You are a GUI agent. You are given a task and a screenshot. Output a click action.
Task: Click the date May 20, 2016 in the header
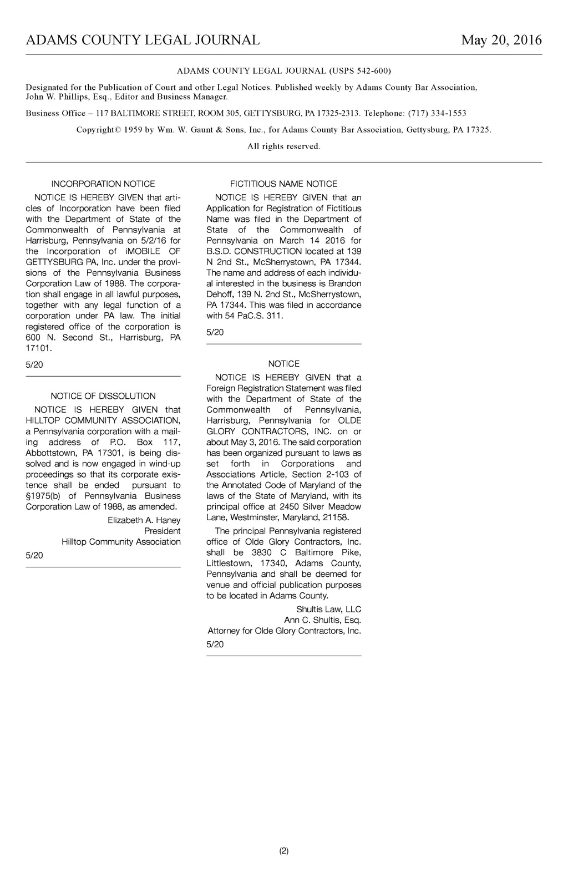pos(501,40)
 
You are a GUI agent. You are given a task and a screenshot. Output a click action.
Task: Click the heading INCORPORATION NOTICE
pos(103,184)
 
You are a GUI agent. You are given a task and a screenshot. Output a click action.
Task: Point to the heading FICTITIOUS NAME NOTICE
pos(283,184)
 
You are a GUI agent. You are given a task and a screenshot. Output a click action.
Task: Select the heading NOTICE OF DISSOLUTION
pos(103,396)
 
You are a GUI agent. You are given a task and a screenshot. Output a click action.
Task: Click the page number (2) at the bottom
pos(283,851)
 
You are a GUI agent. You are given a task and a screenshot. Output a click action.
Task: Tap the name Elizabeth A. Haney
pos(144,520)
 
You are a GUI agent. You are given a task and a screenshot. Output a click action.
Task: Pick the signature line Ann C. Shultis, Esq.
pos(322,620)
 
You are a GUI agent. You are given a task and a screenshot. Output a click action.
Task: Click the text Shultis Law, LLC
pos(328,610)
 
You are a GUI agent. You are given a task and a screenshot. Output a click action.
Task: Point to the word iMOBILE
pos(143,251)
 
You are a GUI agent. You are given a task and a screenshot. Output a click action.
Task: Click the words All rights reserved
pos(283,146)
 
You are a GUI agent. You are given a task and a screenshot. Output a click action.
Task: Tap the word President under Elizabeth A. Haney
pos(162,531)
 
